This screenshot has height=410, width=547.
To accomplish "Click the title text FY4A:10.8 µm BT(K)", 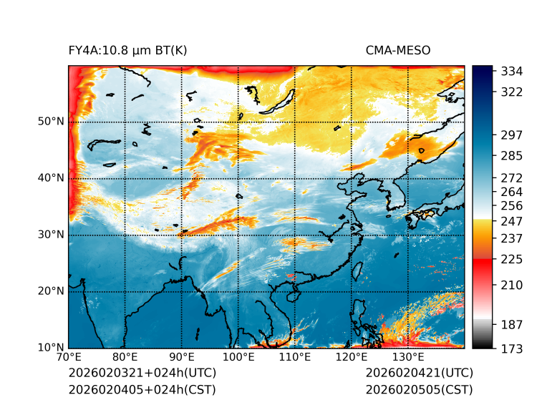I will [127, 50].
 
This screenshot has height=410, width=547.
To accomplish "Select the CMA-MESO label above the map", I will [397, 50].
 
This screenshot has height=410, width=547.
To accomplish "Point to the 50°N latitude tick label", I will [51, 122].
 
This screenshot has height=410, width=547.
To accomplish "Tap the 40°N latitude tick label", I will [51, 178].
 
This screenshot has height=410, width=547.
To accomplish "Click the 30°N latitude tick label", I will [51, 235].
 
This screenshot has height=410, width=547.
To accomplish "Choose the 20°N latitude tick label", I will [51, 291].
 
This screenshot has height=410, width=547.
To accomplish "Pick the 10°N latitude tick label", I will [51, 348].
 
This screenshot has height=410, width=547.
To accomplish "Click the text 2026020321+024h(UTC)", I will [142, 374].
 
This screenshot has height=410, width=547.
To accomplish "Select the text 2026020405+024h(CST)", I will [142, 390].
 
